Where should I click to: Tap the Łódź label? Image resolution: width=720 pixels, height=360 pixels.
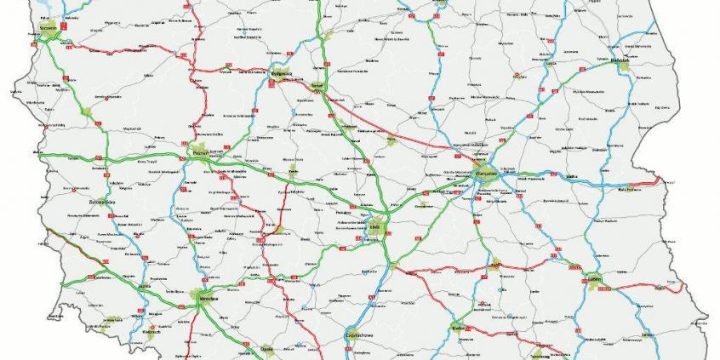[374, 228]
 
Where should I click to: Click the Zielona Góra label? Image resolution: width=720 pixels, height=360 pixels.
[101, 203]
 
